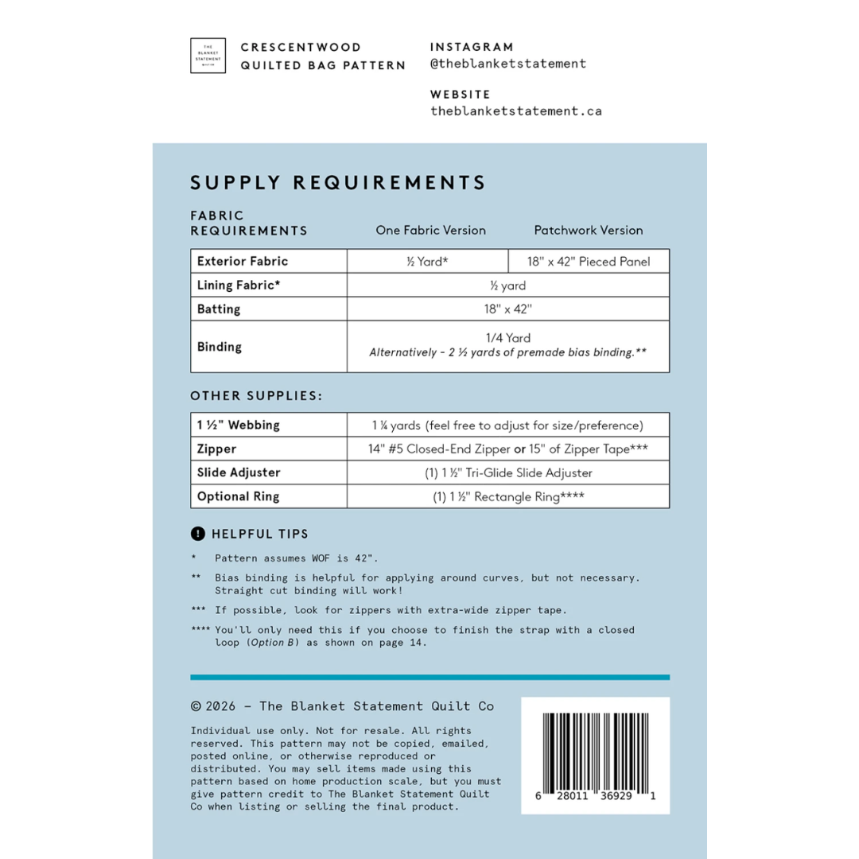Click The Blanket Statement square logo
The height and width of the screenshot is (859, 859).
(208, 56)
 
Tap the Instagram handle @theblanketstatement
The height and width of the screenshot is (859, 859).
(507, 64)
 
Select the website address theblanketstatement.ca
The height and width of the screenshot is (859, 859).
(515, 111)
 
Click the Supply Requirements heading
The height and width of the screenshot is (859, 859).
(338, 183)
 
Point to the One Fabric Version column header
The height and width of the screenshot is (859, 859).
(430, 231)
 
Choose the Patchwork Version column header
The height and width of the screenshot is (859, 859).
(588, 231)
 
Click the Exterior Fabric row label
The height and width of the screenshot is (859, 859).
(243, 261)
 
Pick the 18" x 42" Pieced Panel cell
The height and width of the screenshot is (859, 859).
(588, 262)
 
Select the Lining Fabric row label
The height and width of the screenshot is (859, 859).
(239, 285)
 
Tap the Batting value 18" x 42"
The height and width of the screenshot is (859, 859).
(507, 309)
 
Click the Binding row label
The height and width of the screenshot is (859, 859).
(220, 347)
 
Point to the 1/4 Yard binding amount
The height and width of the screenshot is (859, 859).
(507, 338)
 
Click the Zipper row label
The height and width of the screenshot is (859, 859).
(216, 449)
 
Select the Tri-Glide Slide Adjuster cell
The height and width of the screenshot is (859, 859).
(507, 472)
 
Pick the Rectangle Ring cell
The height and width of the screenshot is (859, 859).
(507, 496)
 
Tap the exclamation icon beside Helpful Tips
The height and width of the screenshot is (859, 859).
(197, 534)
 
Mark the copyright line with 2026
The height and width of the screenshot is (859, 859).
(342, 706)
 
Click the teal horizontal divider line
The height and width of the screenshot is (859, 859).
(429, 678)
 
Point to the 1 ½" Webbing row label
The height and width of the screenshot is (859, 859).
(239, 425)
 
